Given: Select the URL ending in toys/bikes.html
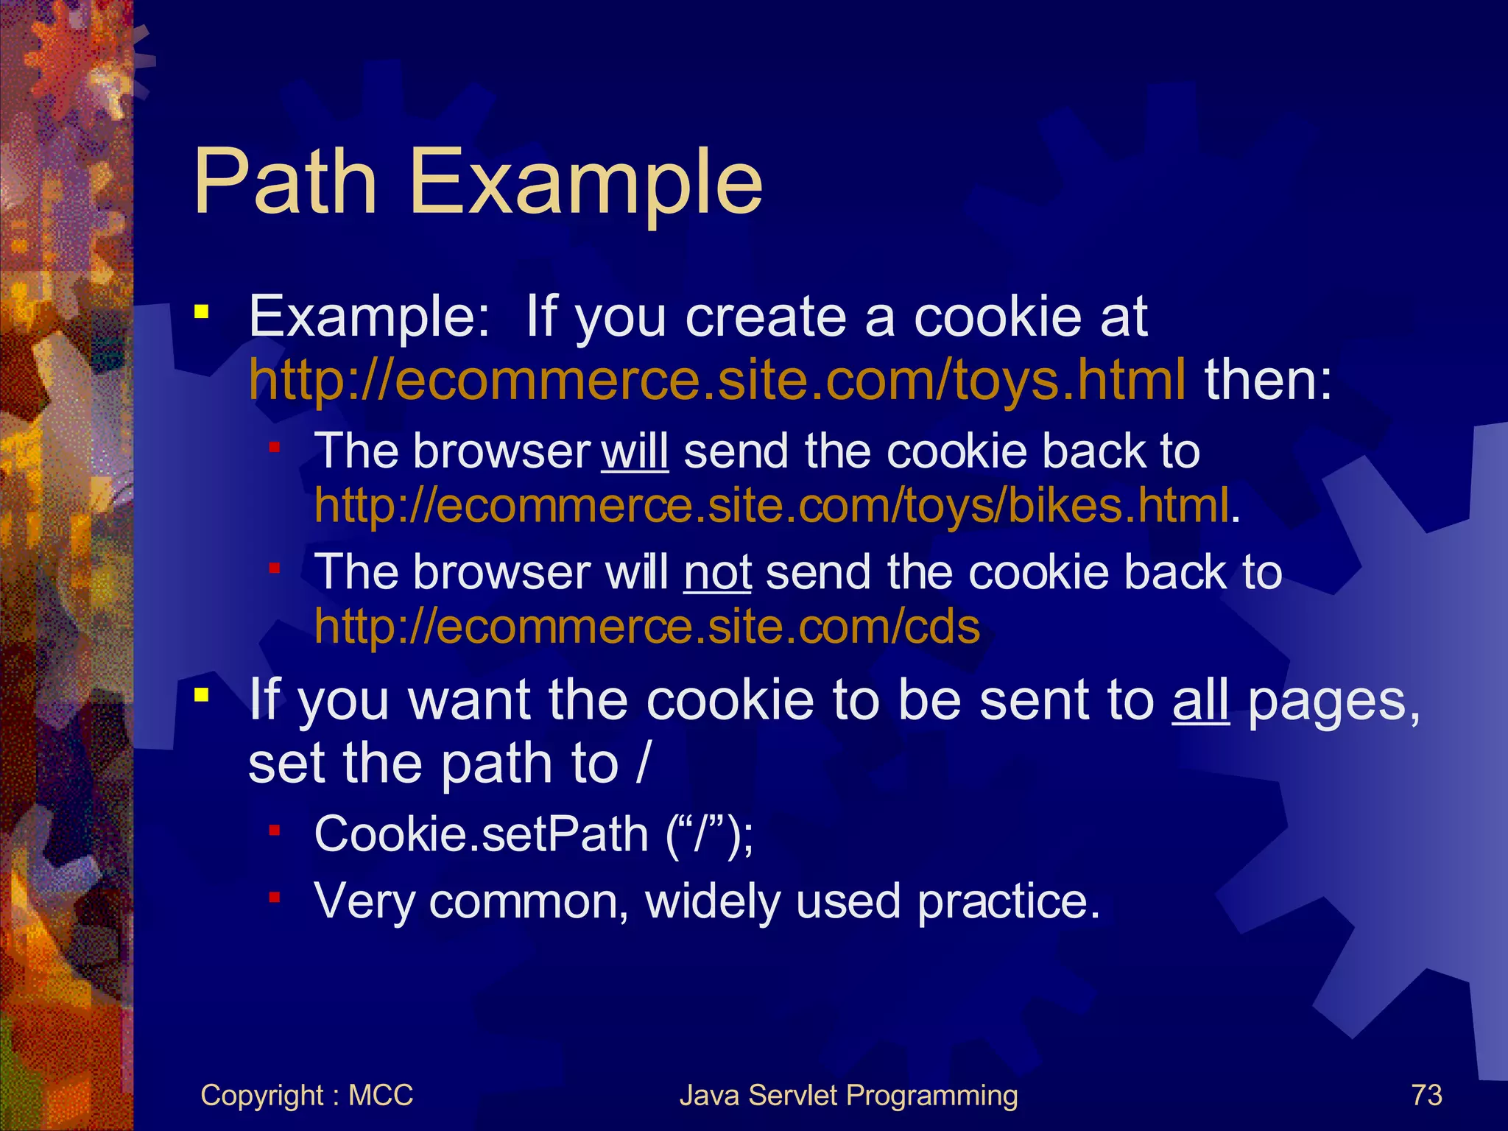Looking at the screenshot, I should (x=772, y=506).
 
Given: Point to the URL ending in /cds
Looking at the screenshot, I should (x=647, y=627).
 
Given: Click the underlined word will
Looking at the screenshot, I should (x=635, y=451).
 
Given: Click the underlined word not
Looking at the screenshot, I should (x=717, y=573).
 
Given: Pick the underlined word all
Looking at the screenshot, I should (x=1200, y=700).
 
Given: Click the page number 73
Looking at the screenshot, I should (x=1426, y=1095).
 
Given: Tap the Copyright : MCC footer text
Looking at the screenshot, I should (x=306, y=1095).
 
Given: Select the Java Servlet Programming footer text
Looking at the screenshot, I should (x=848, y=1095).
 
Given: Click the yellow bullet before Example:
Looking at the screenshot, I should (x=201, y=312).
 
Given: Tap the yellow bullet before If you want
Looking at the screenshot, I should (x=201, y=694).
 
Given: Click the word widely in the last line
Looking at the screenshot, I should (x=712, y=901).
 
